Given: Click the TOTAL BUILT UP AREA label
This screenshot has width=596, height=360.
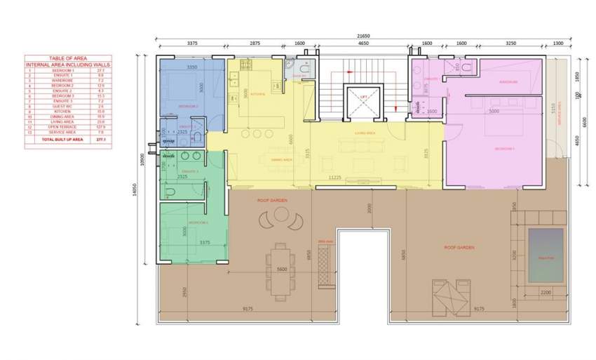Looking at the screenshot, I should [62, 140].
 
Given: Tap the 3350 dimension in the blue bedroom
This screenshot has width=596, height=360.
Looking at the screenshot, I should [191, 67].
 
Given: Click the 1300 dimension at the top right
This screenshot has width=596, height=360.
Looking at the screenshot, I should [557, 44].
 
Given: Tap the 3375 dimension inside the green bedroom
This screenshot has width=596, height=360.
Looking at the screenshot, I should [204, 243].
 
